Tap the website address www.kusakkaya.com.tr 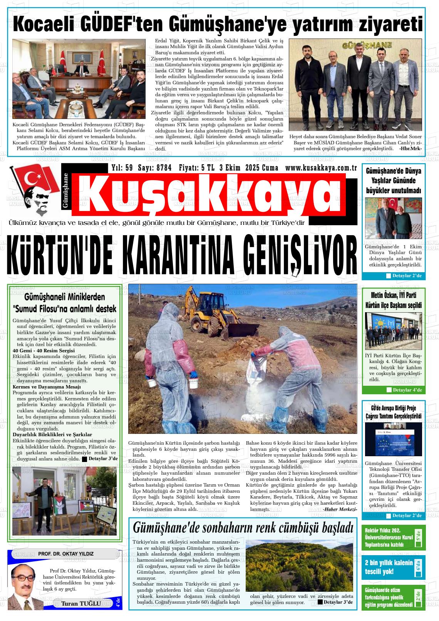click(x=321, y=168)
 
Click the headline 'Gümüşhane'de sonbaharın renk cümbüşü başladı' click(x=243, y=527)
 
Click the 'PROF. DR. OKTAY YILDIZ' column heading click(x=66, y=554)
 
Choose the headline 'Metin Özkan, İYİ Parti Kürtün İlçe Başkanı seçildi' click(x=394, y=300)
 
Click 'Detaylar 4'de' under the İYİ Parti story click(x=407, y=390)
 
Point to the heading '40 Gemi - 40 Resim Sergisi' click(x=44, y=351)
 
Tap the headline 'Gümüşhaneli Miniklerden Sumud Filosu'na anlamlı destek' click(x=64, y=303)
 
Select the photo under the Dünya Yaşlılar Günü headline click(x=393, y=218)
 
